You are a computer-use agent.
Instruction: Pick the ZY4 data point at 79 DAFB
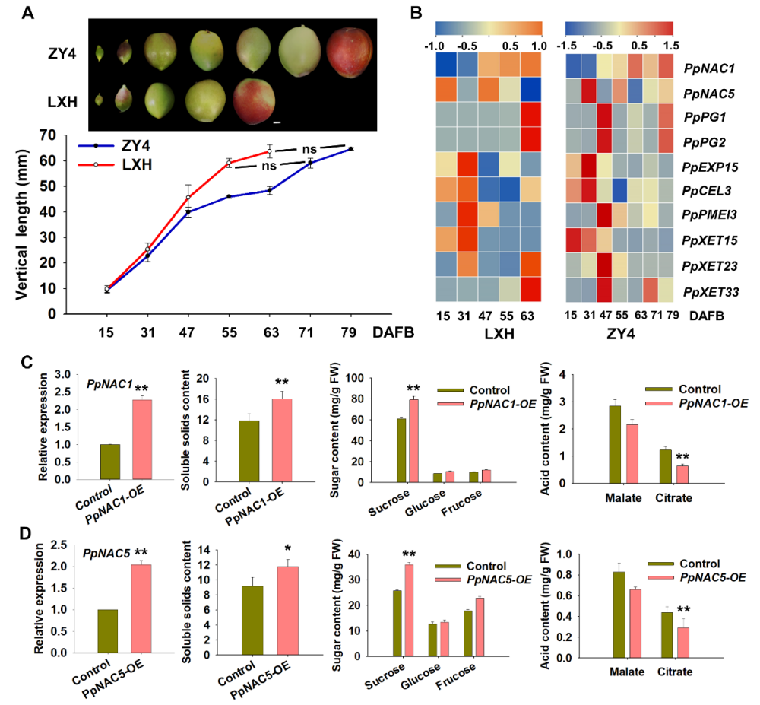351,149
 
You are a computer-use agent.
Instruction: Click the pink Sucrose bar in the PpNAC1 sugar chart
413,440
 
